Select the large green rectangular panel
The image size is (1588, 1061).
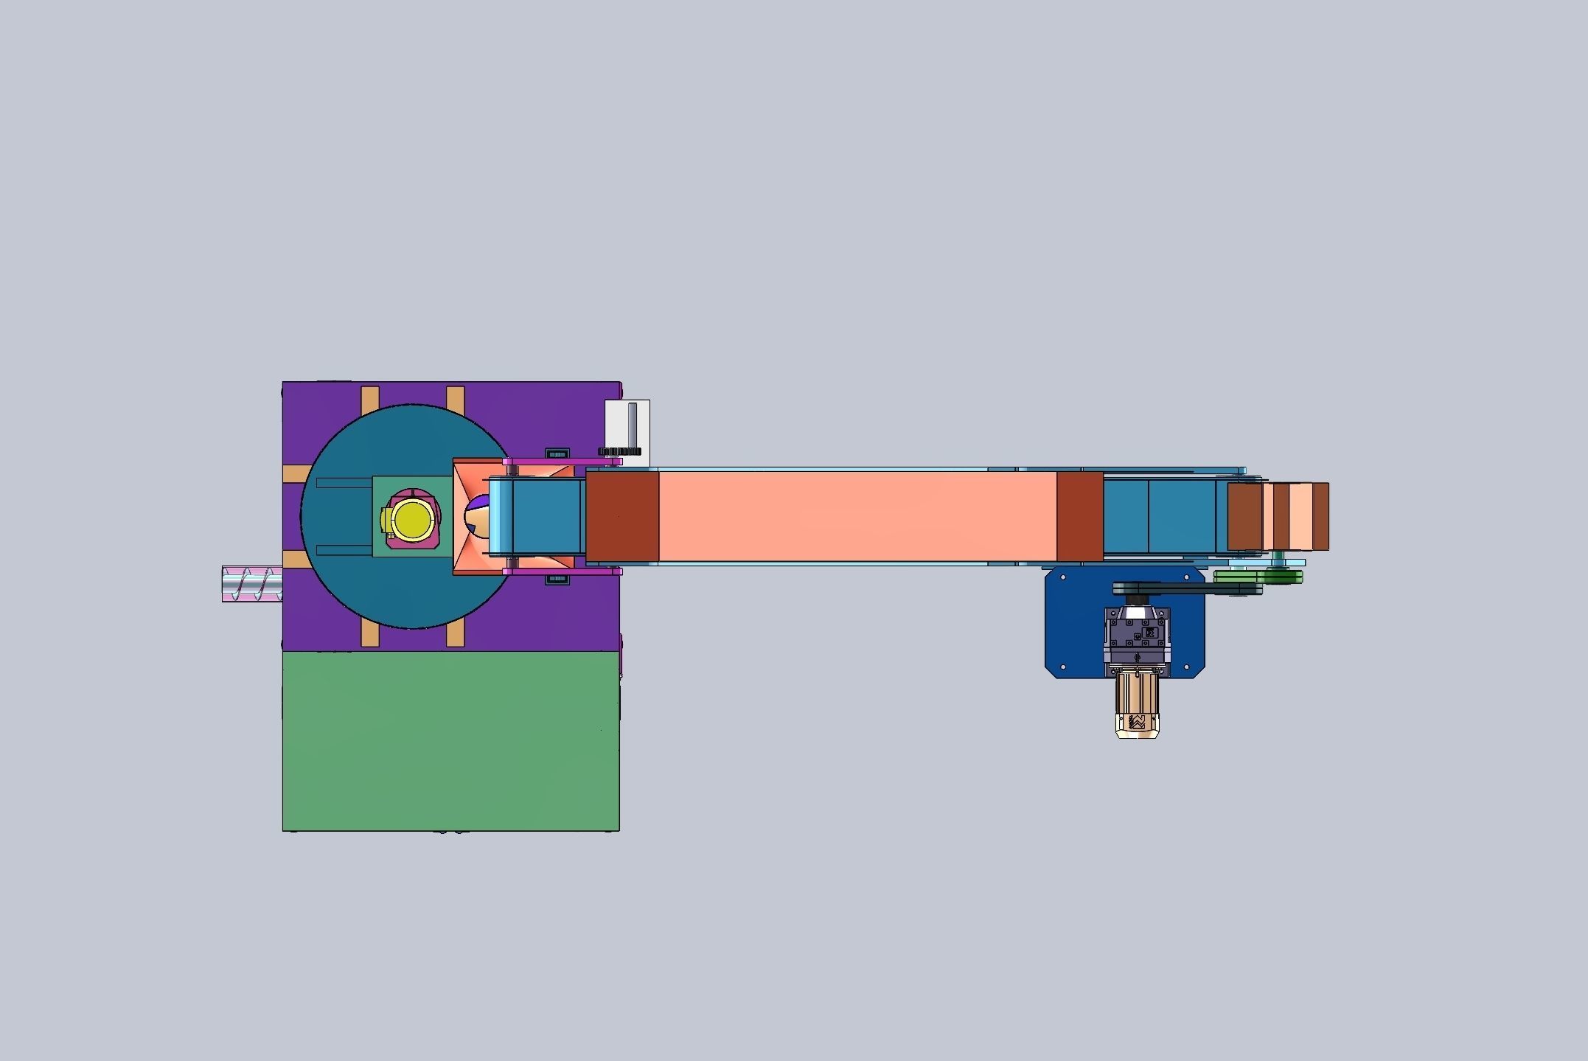(450, 740)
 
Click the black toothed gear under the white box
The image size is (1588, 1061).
(620, 451)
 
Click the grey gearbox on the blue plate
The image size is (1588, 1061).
(1137, 635)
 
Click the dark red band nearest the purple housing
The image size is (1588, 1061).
(621, 517)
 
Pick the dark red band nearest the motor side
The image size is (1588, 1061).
(1079, 517)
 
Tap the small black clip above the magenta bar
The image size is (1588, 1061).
(557, 452)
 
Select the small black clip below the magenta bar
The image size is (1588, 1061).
(557, 580)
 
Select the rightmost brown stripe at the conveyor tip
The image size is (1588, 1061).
(1320, 516)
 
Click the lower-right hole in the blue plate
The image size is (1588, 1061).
(1188, 667)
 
